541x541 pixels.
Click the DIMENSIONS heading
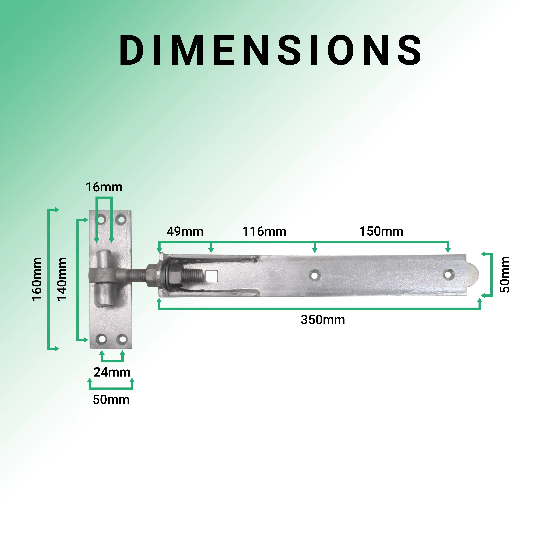(270, 50)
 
